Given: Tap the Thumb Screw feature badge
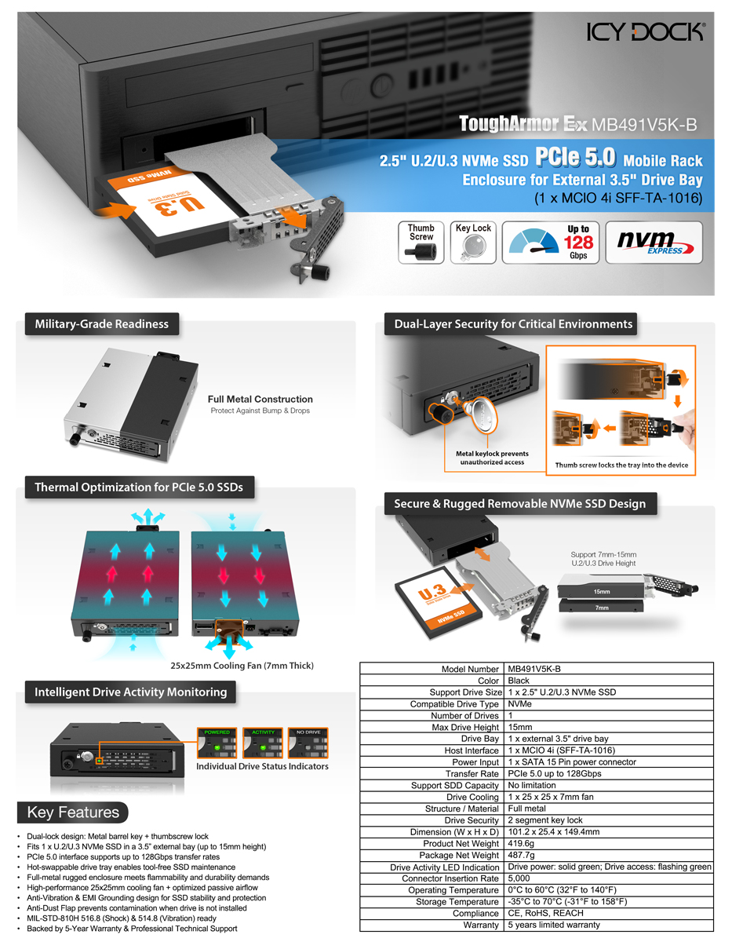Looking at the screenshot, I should (x=421, y=242).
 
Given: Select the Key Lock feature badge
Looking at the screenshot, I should (x=473, y=242).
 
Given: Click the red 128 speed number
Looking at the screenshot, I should (x=578, y=242).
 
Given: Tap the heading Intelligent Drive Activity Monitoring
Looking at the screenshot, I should (x=130, y=692).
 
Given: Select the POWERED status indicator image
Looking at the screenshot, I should (x=217, y=743).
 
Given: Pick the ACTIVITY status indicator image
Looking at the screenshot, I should (x=263, y=743).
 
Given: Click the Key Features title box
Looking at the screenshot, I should (x=73, y=812).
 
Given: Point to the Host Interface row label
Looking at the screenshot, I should (x=466, y=750).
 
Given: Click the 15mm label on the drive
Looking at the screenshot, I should (x=601, y=591).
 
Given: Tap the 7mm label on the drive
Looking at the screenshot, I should (x=601, y=608).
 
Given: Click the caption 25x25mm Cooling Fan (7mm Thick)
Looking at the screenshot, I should (x=242, y=666).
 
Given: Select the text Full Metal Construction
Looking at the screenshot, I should (x=260, y=399).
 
